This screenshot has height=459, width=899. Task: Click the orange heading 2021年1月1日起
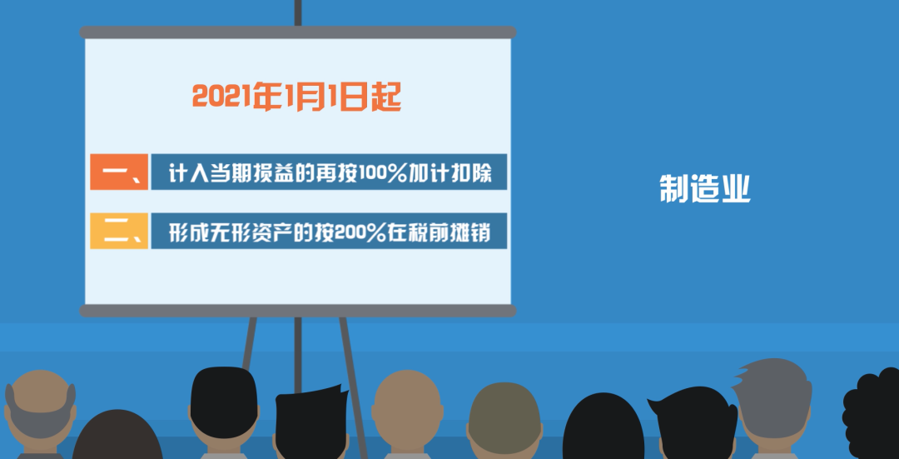[296, 97]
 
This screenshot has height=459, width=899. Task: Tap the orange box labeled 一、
[119, 172]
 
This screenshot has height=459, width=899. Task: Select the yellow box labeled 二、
[119, 231]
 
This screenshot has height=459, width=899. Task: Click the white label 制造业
[705, 189]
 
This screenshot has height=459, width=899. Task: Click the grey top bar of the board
[297, 32]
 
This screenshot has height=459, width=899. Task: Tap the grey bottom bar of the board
[297, 311]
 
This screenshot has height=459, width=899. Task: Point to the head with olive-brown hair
[504, 420]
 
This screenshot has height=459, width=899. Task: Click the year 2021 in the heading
[221, 97]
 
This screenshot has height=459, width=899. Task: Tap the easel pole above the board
[297, 12]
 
